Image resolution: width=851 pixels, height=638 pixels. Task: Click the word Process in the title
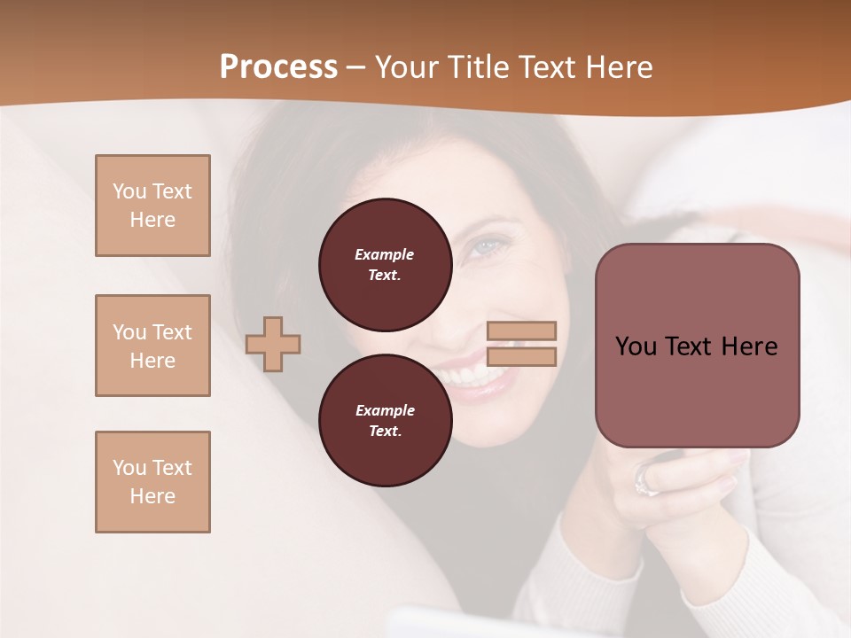tap(278, 66)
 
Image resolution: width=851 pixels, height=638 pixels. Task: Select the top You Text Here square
tap(152, 206)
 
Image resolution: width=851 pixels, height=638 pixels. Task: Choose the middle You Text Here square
tap(152, 346)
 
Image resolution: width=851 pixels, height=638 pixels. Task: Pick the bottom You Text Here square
tap(152, 482)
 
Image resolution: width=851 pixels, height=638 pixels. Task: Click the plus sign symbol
tap(273, 344)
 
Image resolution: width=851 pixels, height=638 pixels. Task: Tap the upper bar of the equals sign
tap(521, 331)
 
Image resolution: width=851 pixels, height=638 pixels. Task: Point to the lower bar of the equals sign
tap(521, 356)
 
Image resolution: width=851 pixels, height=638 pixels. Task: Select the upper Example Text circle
tap(385, 265)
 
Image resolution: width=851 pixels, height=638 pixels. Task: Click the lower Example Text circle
tap(385, 420)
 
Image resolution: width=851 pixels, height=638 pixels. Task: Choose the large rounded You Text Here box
tap(697, 346)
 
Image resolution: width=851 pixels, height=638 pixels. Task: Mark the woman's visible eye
tap(487, 246)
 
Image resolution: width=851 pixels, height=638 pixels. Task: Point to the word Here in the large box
tap(749, 346)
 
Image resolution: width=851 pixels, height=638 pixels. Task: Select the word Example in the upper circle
tap(385, 254)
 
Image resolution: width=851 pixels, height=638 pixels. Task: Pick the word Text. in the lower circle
tap(385, 432)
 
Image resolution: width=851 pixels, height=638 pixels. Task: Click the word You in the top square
tap(129, 191)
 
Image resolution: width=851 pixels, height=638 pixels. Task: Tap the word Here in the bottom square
tap(152, 496)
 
